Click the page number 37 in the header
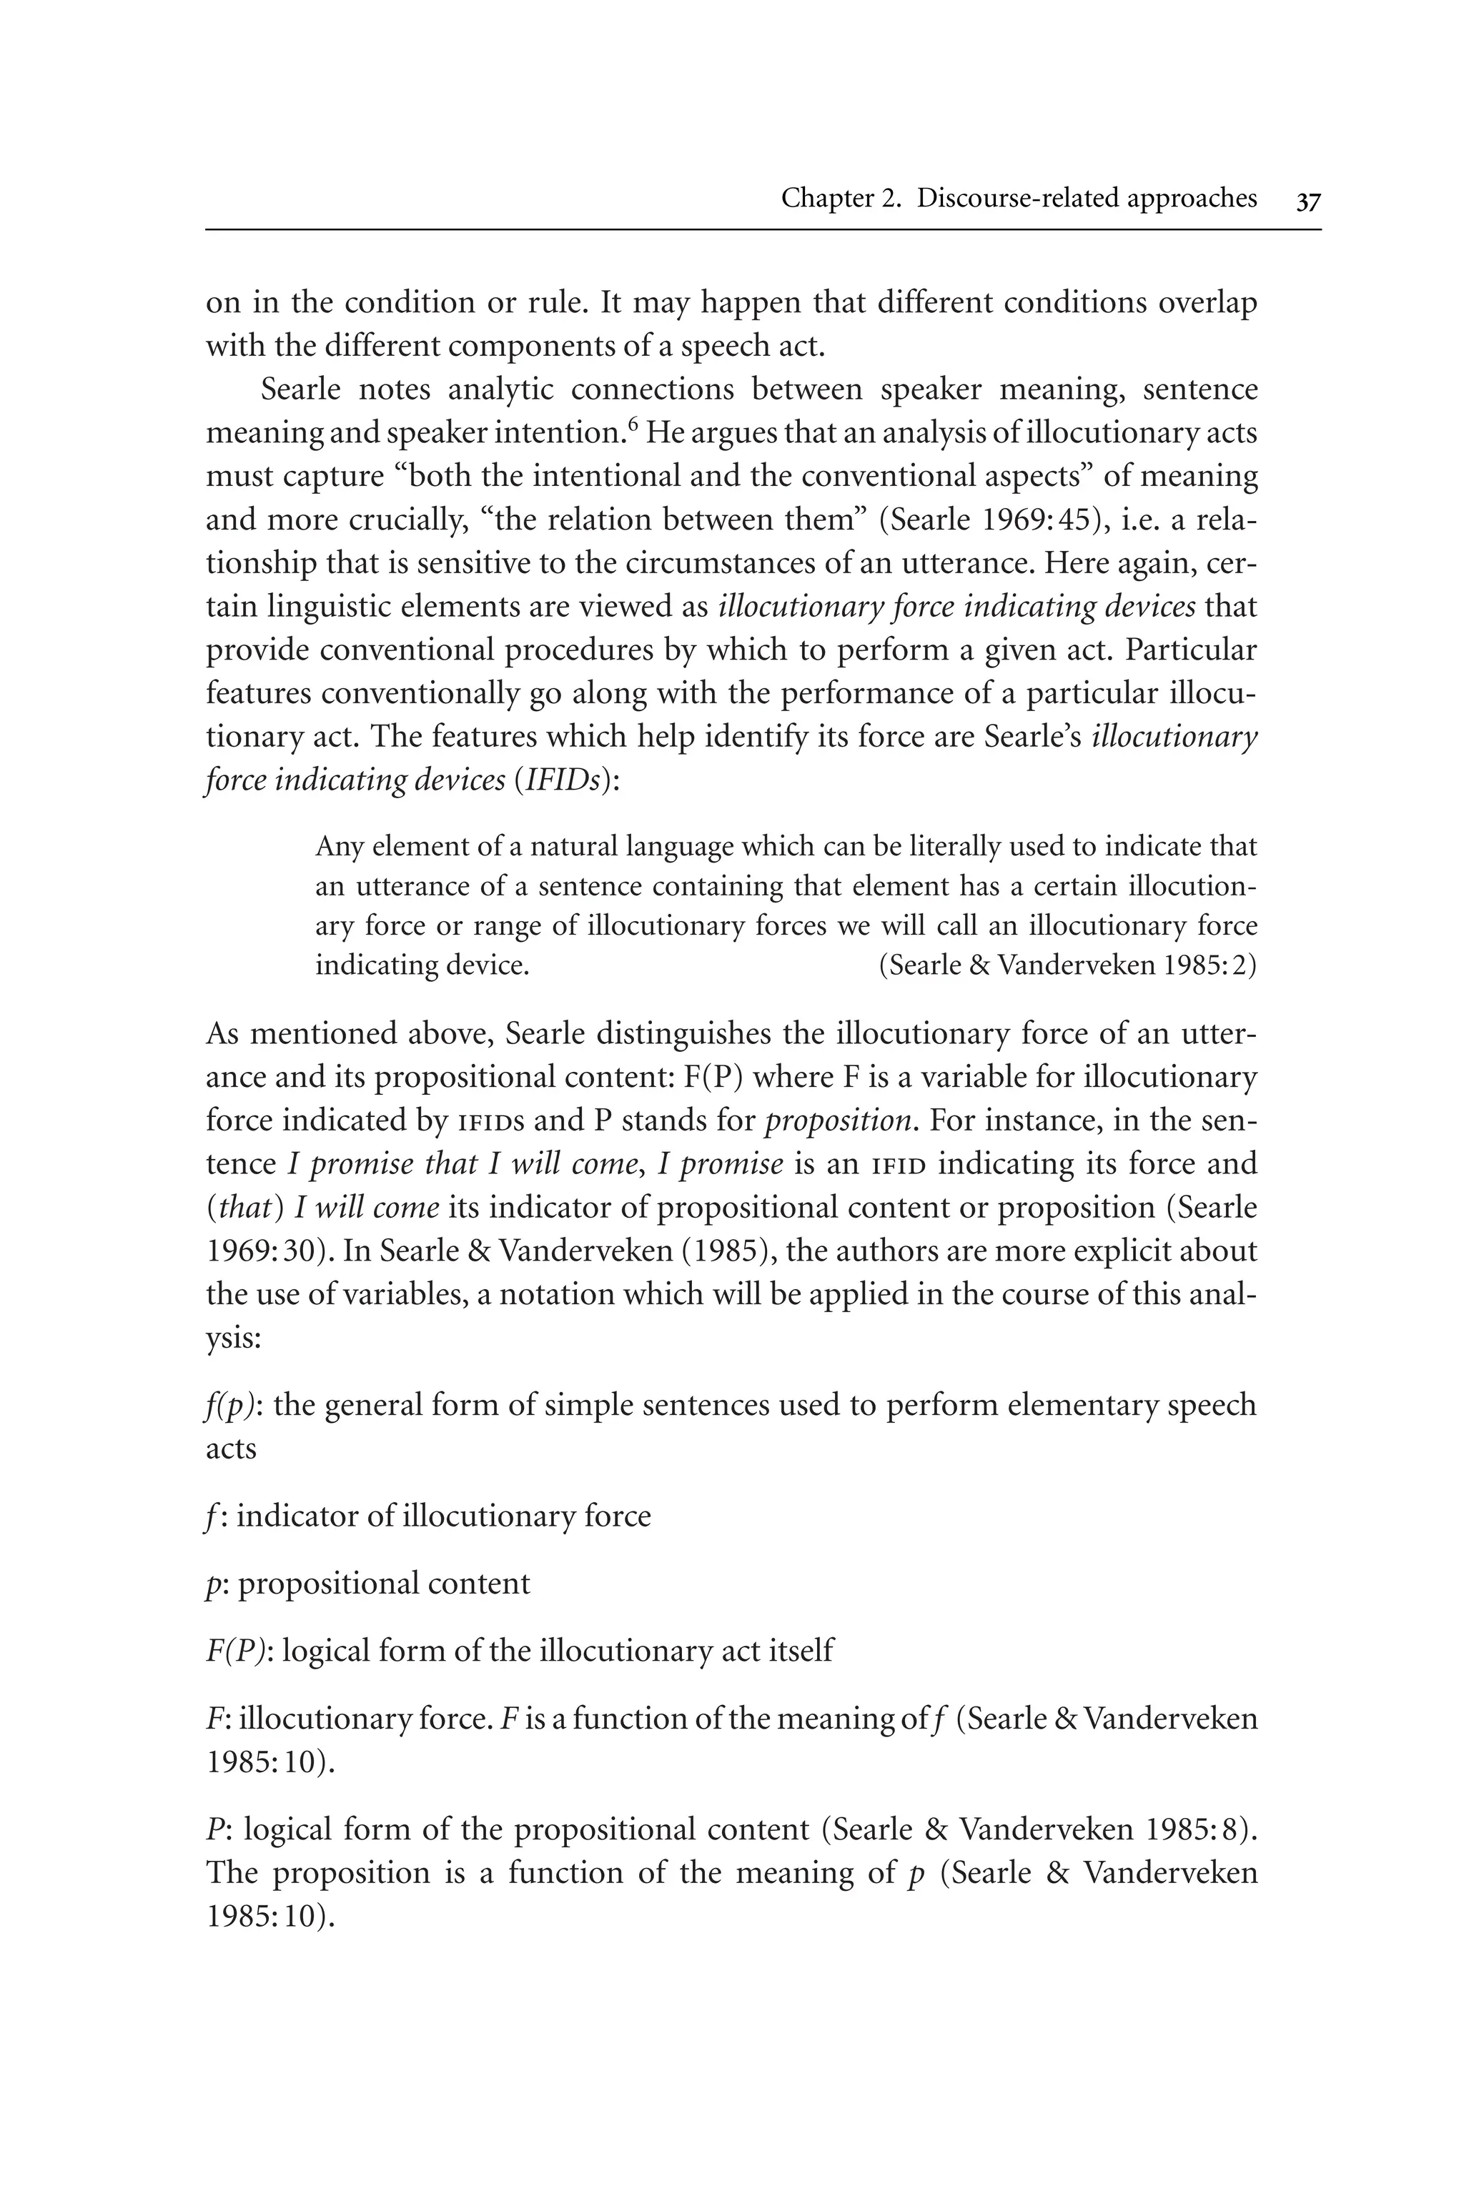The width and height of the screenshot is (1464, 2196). tap(1308, 201)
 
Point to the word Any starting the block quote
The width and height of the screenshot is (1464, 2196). tap(339, 847)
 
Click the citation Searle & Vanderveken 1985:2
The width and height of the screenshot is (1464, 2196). tap(1067, 964)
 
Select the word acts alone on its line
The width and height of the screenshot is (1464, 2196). tap(231, 1449)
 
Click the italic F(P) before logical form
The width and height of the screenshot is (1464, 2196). tap(237, 1651)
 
